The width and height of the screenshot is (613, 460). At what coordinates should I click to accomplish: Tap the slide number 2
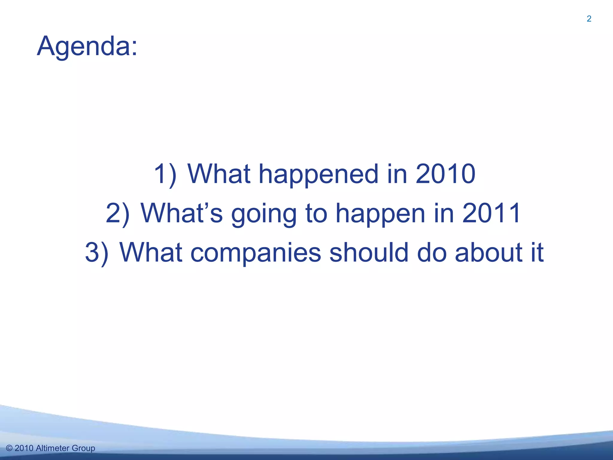coord(589,19)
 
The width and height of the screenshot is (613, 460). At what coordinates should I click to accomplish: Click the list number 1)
coord(165,174)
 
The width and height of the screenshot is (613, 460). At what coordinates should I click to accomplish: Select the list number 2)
coord(118,213)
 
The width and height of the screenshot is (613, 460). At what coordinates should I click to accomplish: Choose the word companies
coord(256,253)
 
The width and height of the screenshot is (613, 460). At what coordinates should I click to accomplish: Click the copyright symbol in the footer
coord(9,448)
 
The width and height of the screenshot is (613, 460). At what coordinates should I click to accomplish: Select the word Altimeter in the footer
coord(52,448)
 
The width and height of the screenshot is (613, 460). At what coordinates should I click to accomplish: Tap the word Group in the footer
coord(84,449)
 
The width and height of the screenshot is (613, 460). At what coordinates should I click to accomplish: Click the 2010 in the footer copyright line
coord(24,448)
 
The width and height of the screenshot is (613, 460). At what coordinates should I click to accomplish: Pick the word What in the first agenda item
coord(219,174)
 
